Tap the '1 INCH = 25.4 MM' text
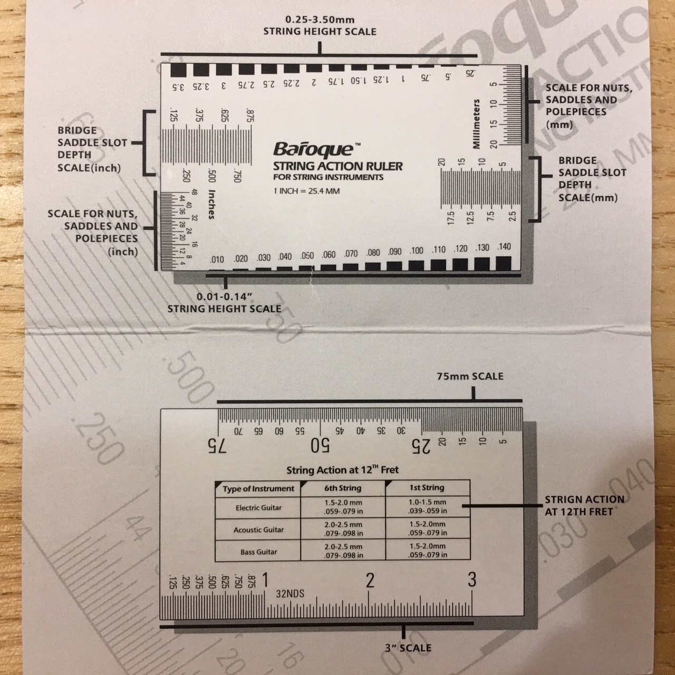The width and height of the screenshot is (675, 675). click(x=306, y=191)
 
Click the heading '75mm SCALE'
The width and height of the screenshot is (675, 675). click(x=470, y=377)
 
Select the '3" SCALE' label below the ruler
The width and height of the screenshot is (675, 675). click(x=408, y=648)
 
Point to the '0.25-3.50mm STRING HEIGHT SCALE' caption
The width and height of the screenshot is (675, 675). click(x=320, y=25)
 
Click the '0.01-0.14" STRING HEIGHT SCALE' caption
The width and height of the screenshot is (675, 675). click(x=224, y=303)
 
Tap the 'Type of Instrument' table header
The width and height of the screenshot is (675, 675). click(x=258, y=489)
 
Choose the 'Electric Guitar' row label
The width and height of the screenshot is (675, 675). click(x=258, y=508)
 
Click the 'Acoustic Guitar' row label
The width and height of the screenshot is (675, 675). click(x=258, y=530)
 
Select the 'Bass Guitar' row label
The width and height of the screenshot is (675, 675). click(x=258, y=552)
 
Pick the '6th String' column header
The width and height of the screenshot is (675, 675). click(x=343, y=488)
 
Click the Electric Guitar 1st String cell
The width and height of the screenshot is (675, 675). click(x=427, y=507)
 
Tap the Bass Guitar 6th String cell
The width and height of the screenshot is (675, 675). click(x=343, y=551)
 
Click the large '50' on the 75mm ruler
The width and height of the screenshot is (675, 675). click(x=321, y=447)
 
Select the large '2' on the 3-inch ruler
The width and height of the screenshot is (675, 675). click(x=370, y=581)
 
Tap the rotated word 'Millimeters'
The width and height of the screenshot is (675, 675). click(x=477, y=124)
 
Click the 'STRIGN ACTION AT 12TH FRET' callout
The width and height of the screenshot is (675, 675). click(x=584, y=505)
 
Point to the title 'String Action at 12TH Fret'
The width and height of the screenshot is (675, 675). click(x=342, y=470)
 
